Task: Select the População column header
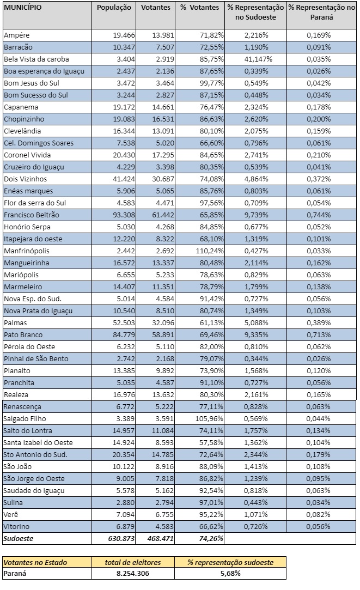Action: tap(114, 8)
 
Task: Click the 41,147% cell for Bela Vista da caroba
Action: tap(254, 59)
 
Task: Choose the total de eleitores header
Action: tap(133, 562)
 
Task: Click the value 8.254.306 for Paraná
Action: tap(133, 574)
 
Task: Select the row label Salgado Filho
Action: tap(25, 418)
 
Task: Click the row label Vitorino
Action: tap(17, 526)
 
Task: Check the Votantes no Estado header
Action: tap(35, 562)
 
